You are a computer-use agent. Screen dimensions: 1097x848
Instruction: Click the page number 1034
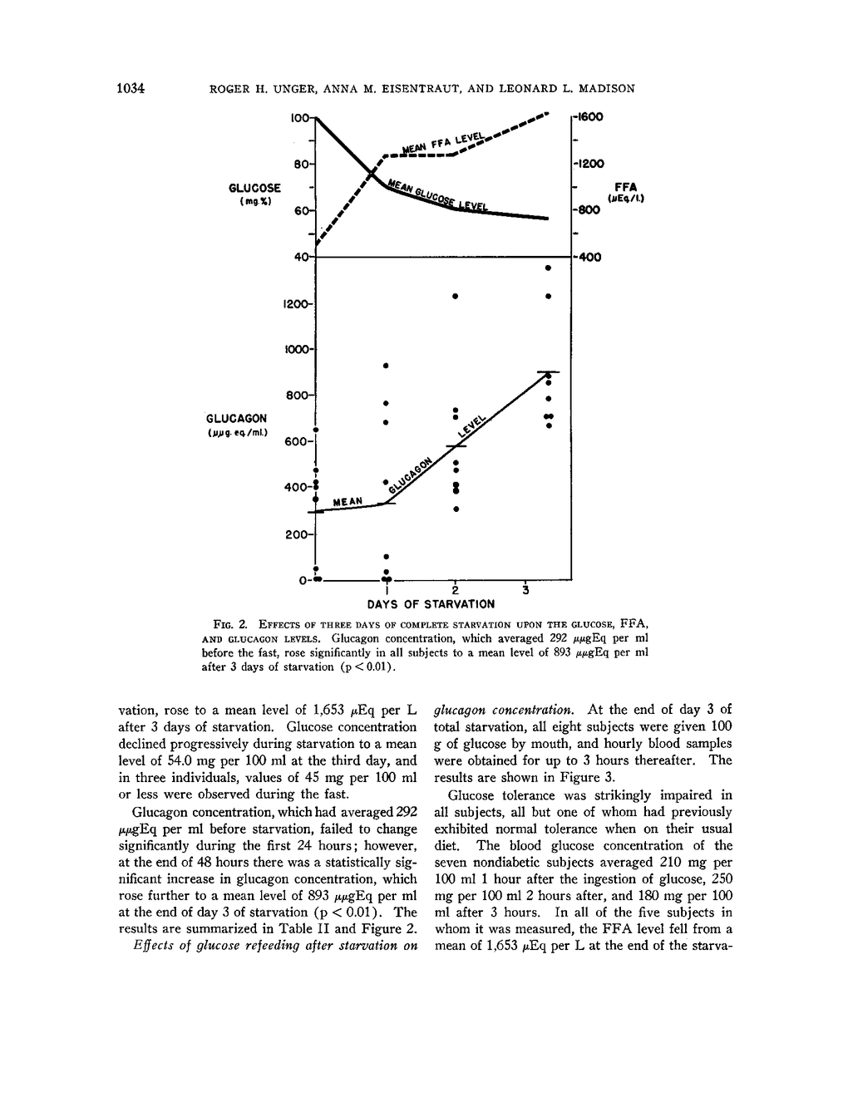pos(131,87)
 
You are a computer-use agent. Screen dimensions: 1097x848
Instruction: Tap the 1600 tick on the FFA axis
pos(589,117)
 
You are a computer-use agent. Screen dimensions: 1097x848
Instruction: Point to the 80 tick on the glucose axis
pos(299,164)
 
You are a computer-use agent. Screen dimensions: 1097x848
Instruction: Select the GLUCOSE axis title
pos(256,189)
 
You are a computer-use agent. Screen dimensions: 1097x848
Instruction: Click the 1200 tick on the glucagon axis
pos(295,303)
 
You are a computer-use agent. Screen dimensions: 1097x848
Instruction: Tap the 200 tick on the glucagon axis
pos(297,535)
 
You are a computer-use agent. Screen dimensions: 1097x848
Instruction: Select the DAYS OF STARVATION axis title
pos(431,604)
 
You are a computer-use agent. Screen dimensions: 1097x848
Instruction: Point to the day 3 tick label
pos(525,590)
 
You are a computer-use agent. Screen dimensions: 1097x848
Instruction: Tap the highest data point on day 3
pos(547,268)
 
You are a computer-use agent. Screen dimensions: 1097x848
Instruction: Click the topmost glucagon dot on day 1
pos(385,366)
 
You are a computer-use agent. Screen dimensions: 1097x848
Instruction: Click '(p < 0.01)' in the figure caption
pos(362,667)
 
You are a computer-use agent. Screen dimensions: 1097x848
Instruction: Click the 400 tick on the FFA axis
pos(589,257)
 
